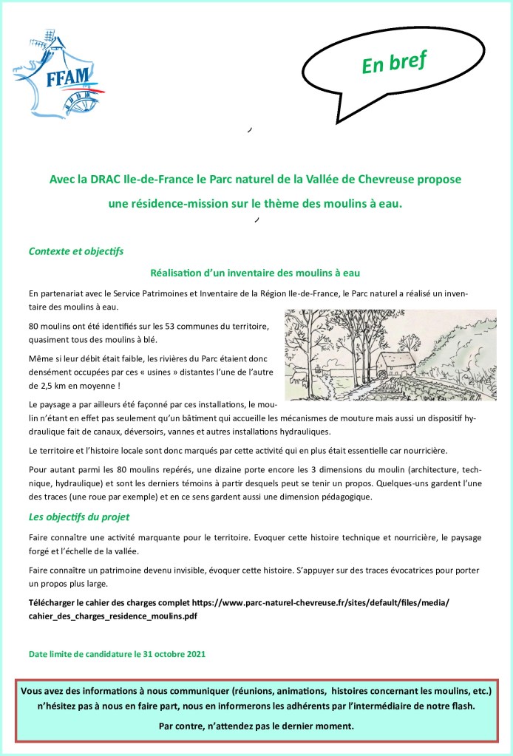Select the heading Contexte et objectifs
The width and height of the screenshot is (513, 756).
coord(75,251)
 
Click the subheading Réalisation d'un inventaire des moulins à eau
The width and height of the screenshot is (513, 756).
coord(255,272)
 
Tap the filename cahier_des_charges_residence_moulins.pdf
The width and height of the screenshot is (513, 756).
coord(112,615)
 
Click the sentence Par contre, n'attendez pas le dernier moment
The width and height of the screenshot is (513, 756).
coord(256,725)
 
